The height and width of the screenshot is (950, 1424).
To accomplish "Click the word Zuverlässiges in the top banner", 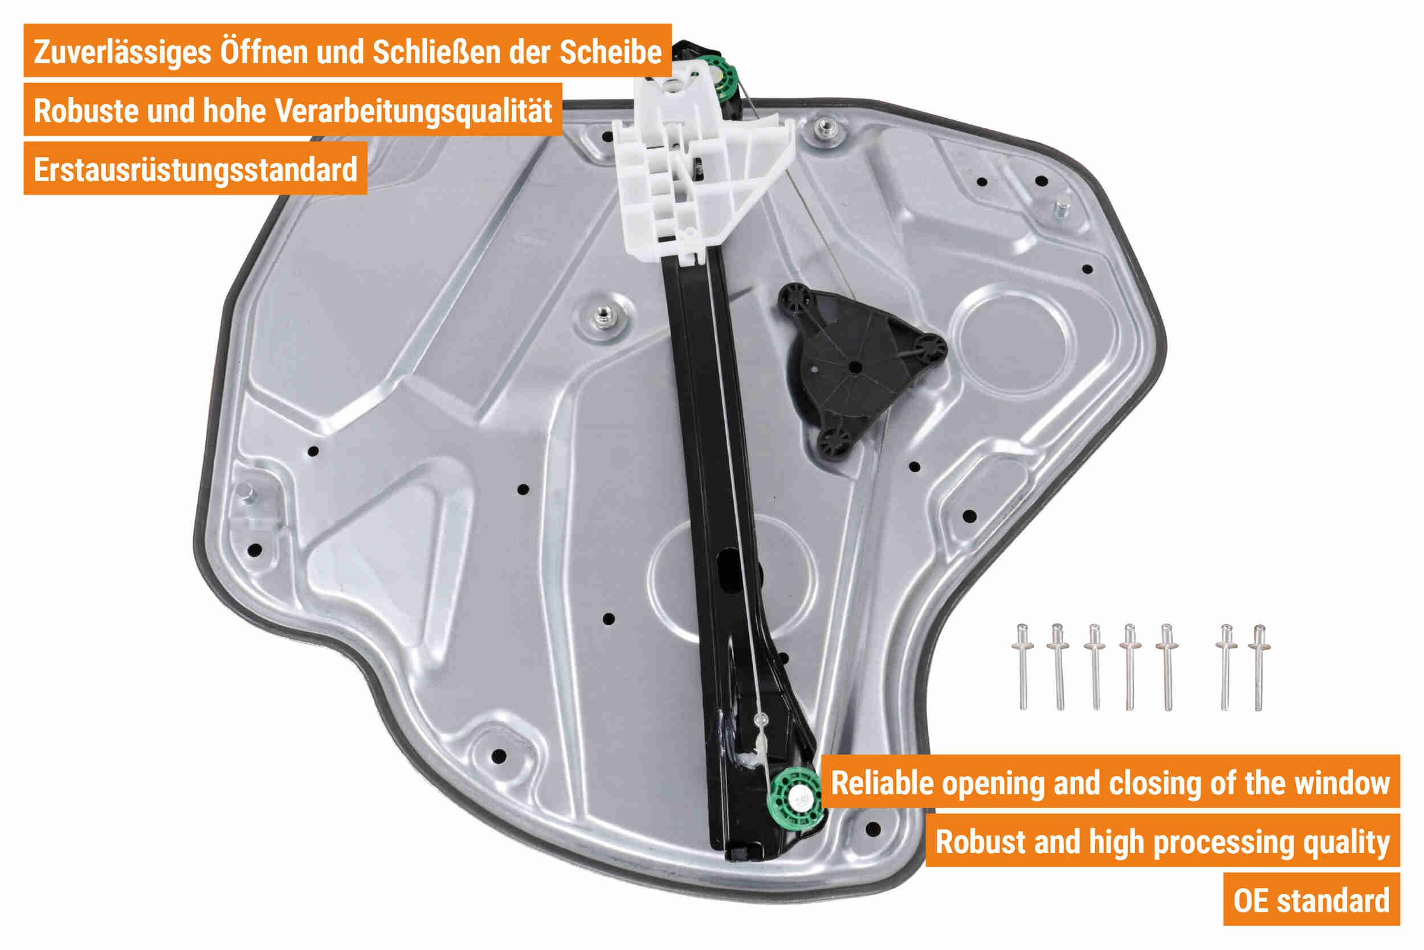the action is pos(123,51).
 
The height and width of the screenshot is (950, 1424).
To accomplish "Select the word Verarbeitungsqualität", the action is pos(413,111).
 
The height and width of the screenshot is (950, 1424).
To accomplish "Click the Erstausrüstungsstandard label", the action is pos(195,169).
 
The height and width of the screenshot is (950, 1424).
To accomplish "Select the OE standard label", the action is pos(1311,901).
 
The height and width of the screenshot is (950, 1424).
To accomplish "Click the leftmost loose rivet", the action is pos(1023,667).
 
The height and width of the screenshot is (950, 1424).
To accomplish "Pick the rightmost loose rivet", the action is pos(1259,667).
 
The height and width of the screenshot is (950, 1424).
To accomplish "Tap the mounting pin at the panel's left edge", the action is pos(245,493).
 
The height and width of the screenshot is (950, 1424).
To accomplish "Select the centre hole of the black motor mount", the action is pos(855,367).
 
